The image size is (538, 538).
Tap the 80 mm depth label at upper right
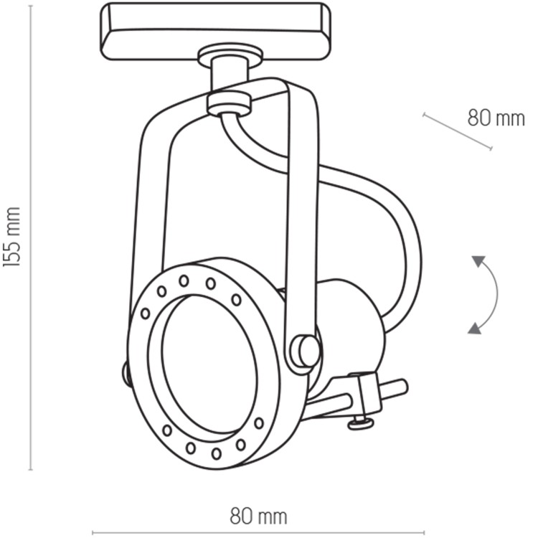tap(496, 117)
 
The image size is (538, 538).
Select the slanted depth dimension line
tap(457, 131)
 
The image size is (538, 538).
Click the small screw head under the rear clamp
tap(361, 423)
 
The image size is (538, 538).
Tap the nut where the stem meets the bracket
tap(229, 102)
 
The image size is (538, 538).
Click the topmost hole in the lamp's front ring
tap(184, 280)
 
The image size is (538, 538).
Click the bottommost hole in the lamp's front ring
tap(216, 453)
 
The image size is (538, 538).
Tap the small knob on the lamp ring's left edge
tap(126, 372)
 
